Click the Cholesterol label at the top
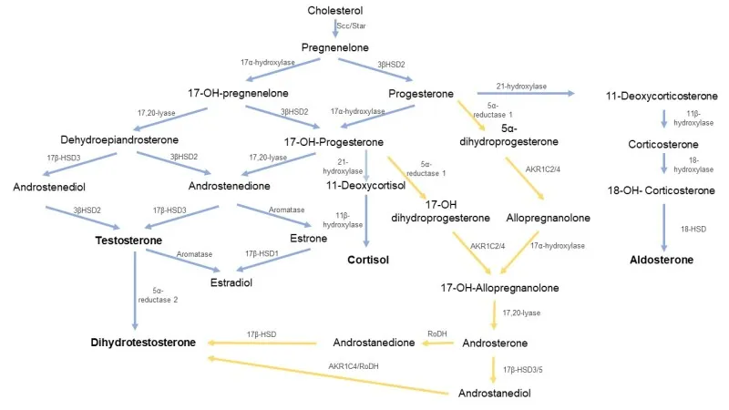click(x=334, y=10)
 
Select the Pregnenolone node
click(x=335, y=46)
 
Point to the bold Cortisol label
click(x=367, y=260)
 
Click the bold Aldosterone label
click(x=662, y=260)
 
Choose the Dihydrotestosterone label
click(x=143, y=342)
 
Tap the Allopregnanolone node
click(x=548, y=219)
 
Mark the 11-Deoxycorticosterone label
click(x=662, y=96)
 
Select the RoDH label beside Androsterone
click(x=437, y=333)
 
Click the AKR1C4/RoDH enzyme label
click(x=354, y=366)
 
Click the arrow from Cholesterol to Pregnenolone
click(x=335, y=26)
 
